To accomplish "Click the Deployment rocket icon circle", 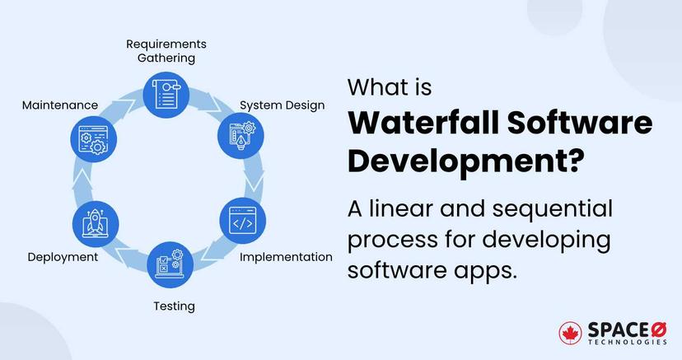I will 95,222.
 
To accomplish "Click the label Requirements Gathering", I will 166,50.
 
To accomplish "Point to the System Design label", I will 282,105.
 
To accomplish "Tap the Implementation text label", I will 286,256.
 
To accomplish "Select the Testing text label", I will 174,306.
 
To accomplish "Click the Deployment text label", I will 63,256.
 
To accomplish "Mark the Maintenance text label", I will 60,105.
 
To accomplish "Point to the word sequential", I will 542,209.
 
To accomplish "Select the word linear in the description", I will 406,209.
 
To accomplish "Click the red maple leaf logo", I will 570,332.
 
